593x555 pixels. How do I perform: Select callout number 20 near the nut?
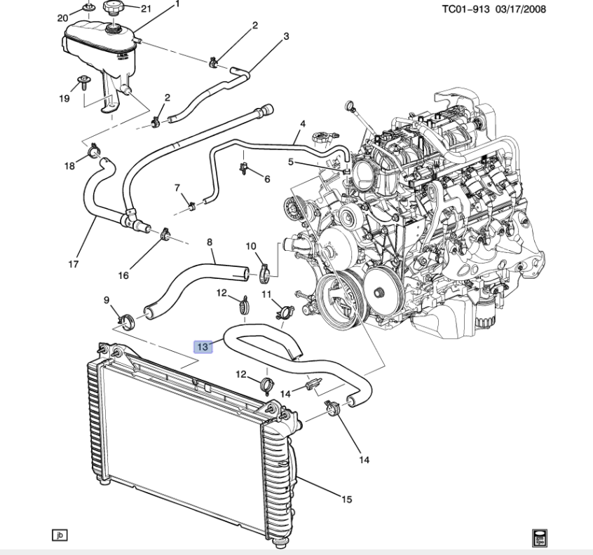pos(62,18)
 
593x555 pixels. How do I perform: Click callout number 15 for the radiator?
pos(346,500)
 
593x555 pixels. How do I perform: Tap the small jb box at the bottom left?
pos(60,535)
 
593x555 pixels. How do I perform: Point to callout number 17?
pos(73,265)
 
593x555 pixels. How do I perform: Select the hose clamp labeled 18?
pos(93,149)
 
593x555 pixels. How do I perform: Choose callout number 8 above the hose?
pos(209,242)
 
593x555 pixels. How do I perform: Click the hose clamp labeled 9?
pos(126,322)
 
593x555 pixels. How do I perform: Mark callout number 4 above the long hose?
pos(303,124)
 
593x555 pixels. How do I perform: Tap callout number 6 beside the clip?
pos(267,179)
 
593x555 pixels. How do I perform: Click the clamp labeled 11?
pos(283,310)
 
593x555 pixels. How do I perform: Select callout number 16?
pos(123,275)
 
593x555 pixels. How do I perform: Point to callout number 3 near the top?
pos(286,36)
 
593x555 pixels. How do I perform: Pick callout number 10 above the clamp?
pos(251,245)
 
